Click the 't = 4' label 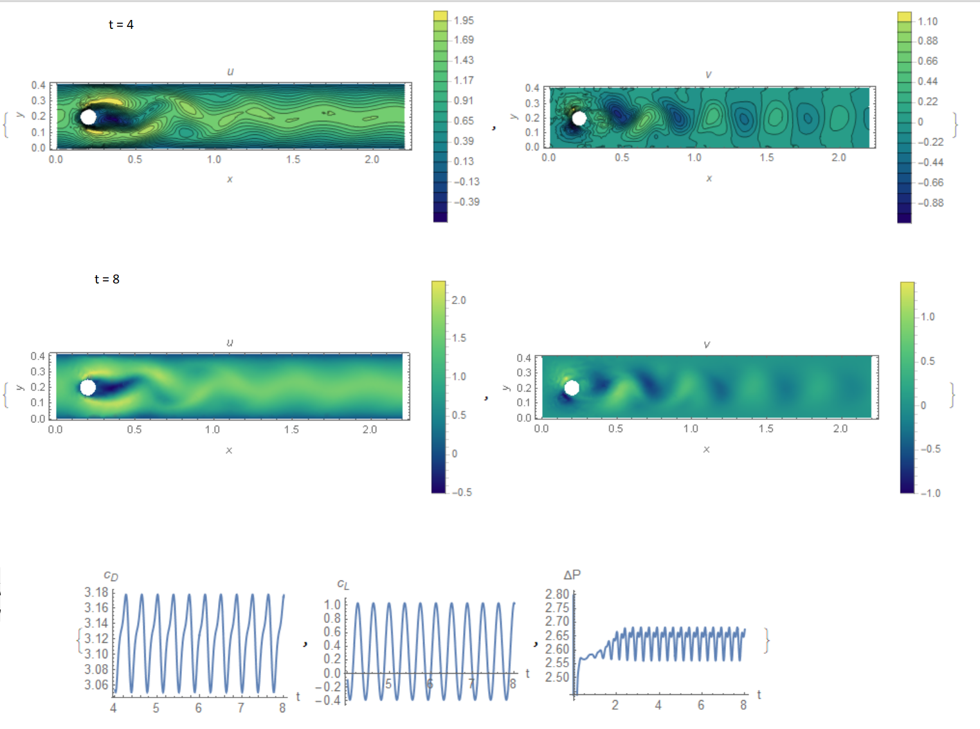pos(121,24)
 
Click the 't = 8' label pos(107,279)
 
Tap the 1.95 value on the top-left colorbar pos(463,21)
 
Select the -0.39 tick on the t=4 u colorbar pos(466,202)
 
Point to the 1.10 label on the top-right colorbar pos(927,21)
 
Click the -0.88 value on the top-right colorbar pos(930,203)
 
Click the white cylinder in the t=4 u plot pos(88,117)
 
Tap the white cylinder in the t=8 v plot pos(571,388)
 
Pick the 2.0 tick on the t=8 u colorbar pos(458,300)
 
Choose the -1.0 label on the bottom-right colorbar pos(930,493)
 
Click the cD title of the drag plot pos(111,576)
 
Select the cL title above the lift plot pos(343,584)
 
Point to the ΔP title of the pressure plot pos(572,575)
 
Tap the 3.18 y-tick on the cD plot pos(96,592)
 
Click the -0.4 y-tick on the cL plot pos(328,700)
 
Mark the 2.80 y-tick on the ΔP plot pos(557,594)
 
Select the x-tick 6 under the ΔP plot pos(700,705)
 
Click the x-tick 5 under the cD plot pos(156,708)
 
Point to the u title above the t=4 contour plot pos(230,71)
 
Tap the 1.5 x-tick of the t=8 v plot pos(765,428)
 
